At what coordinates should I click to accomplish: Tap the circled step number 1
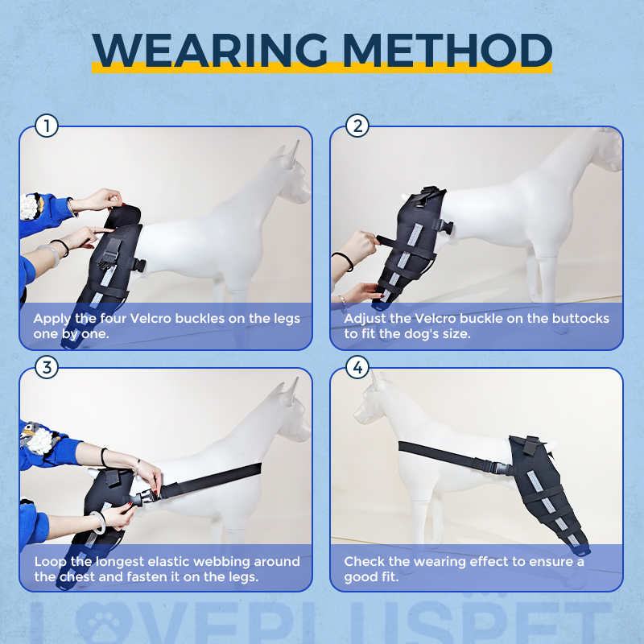click(x=47, y=126)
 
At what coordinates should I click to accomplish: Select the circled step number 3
click(x=47, y=368)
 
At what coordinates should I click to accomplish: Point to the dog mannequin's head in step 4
click(x=378, y=407)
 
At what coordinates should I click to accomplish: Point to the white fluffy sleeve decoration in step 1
click(x=31, y=206)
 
